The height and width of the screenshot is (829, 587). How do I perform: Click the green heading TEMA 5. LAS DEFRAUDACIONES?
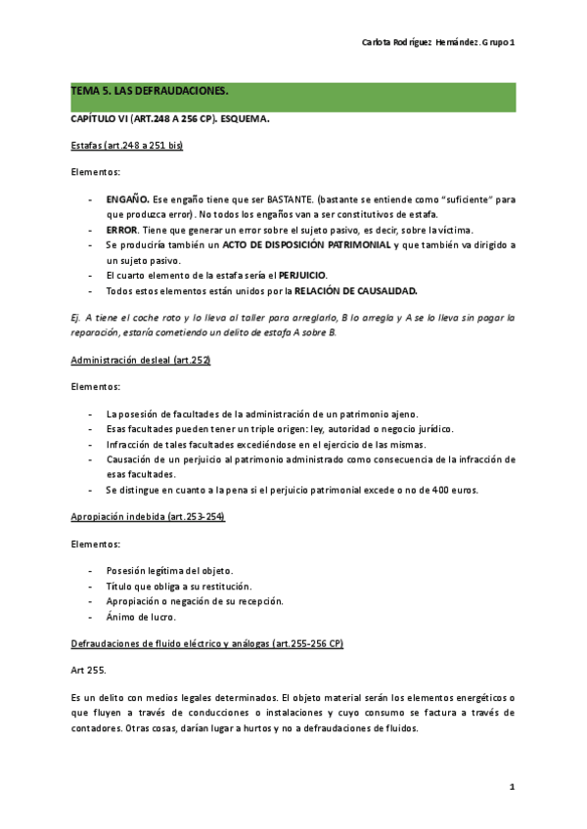click(x=150, y=91)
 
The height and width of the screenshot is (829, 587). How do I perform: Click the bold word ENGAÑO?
click(x=127, y=198)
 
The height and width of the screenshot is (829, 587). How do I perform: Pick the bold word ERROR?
click(x=122, y=229)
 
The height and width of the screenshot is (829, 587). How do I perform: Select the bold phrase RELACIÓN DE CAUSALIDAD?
click(x=356, y=290)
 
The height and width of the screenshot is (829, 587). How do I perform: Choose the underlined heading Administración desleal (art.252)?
click(x=141, y=360)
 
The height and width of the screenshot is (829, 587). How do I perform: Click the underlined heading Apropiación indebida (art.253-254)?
click(x=148, y=516)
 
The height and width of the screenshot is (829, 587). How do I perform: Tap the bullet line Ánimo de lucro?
click(x=142, y=617)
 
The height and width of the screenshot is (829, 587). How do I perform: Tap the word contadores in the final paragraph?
click(x=96, y=727)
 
